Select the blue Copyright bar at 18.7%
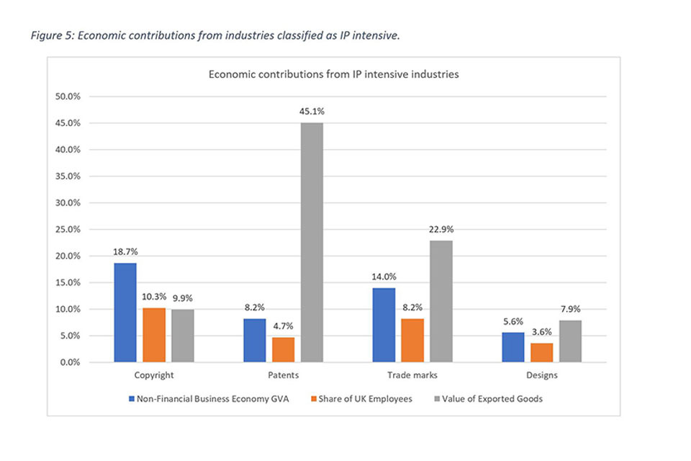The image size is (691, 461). click(x=125, y=313)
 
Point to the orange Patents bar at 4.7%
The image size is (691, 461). click(x=283, y=349)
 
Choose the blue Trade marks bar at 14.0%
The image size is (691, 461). click(x=383, y=325)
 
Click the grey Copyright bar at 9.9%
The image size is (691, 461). click(x=182, y=336)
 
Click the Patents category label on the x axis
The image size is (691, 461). click(x=282, y=375)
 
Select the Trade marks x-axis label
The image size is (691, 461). click(x=412, y=375)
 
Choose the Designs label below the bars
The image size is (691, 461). click(x=541, y=375)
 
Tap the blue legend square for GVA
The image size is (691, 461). click(x=131, y=398)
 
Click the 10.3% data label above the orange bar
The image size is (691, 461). click(x=153, y=295)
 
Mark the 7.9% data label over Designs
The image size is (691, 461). click(x=571, y=308)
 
